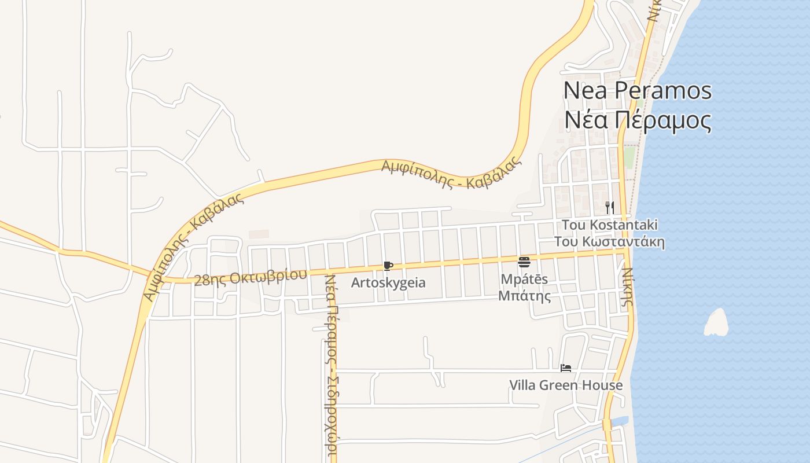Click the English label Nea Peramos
point(637,91)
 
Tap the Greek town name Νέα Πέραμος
point(637,120)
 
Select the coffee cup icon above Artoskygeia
point(388,266)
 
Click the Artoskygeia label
point(388,283)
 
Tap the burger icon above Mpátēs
point(524,262)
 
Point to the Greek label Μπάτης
point(525,297)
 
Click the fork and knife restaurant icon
point(609,207)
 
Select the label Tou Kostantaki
point(609,225)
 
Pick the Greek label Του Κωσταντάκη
point(609,242)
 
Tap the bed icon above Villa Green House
point(566,368)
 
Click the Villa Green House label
point(566,385)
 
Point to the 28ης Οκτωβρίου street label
point(250,277)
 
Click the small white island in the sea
point(716,323)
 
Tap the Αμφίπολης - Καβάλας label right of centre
point(451,174)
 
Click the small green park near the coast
point(629,157)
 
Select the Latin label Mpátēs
point(525,279)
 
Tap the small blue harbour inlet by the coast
point(618,421)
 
